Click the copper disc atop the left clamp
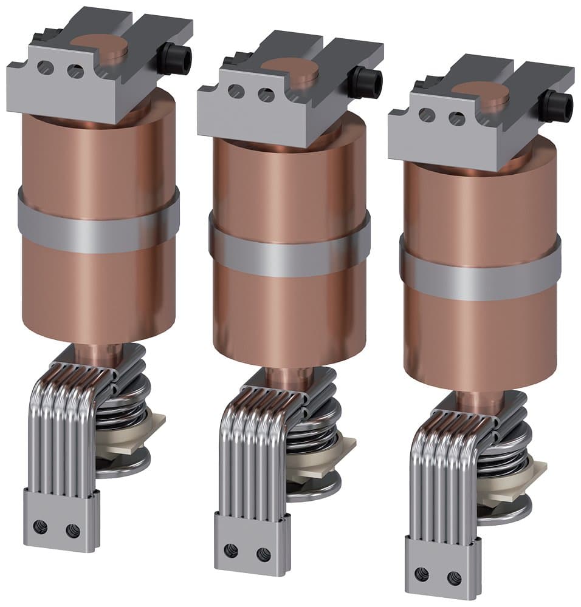(102, 44)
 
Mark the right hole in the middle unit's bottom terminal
(263, 553)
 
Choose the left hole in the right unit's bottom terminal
(421, 574)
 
